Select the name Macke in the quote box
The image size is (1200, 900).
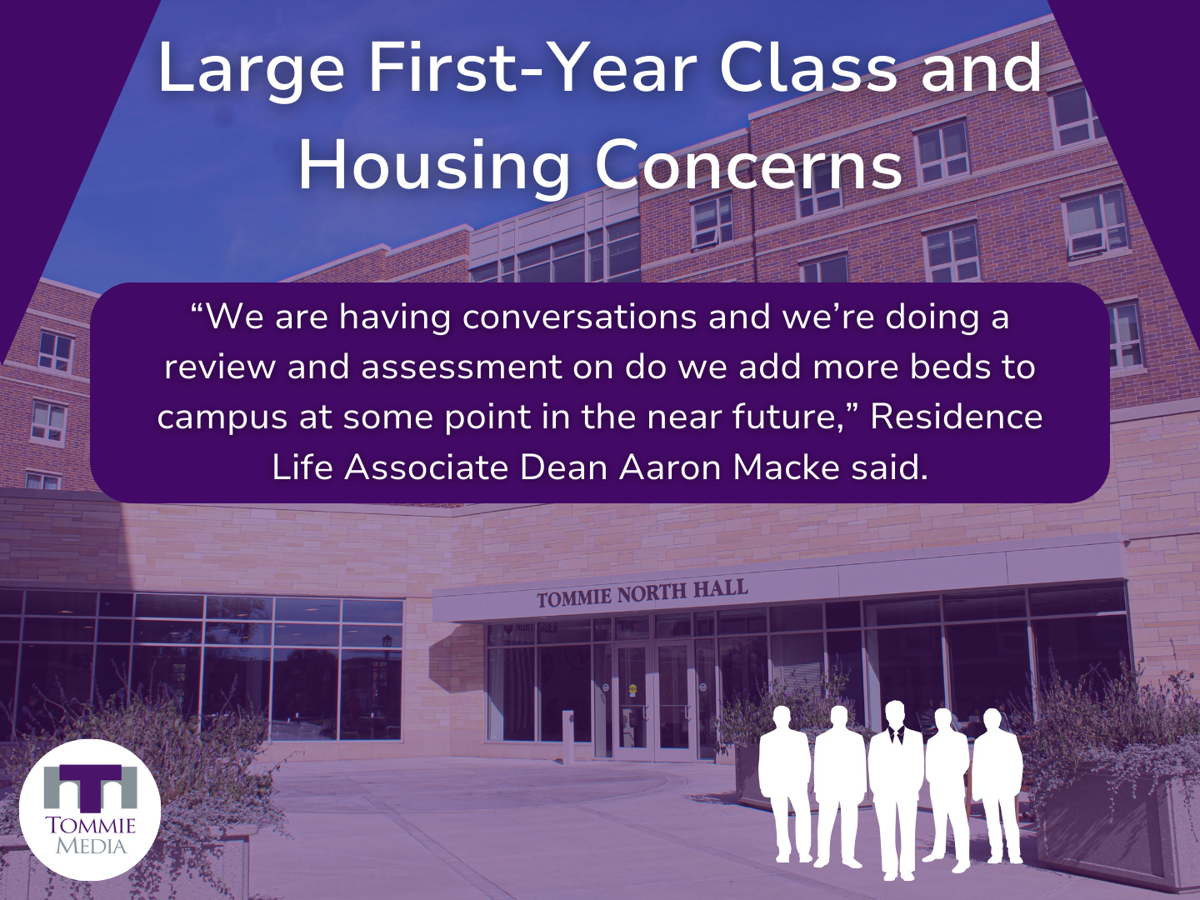click(x=785, y=467)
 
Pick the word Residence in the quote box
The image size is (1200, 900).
click(x=956, y=417)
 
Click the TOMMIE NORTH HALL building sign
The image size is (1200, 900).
click(x=642, y=593)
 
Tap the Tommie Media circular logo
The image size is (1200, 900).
click(x=90, y=810)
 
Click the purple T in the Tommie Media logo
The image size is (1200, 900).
click(x=90, y=787)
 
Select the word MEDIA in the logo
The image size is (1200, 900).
click(x=92, y=847)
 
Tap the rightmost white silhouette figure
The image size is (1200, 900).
click(x=996, y=785)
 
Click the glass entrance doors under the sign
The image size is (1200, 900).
click(x=654, y=702)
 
